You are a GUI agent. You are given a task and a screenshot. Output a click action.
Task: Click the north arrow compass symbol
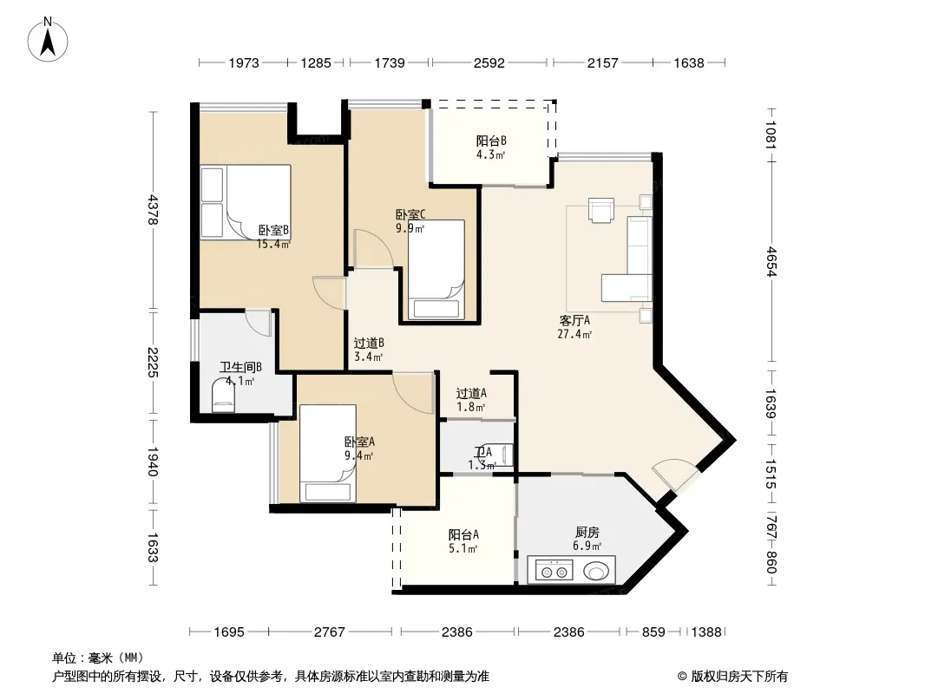click(48, 40)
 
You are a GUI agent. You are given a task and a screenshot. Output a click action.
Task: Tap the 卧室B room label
click(273, 230)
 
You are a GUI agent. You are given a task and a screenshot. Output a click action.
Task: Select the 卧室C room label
click(410, 214)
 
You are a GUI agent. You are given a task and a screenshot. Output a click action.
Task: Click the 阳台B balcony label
click(491, 141)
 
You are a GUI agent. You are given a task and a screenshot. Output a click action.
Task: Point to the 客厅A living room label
click(574, 321)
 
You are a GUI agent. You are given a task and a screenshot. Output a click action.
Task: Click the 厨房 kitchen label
click(587, 533)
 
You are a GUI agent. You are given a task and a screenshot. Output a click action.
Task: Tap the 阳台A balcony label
click(463, 534)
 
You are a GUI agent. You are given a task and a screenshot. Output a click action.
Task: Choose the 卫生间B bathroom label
click(240, 367)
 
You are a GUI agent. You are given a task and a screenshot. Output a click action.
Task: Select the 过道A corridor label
click(471, 393)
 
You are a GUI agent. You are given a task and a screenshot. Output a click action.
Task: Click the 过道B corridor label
click(370, 344)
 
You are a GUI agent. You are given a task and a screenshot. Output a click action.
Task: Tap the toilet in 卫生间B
click(223, 395)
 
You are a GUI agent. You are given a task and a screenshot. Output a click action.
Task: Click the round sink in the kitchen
click(596, 572)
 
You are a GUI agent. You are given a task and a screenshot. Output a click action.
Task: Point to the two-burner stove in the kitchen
click(554, 572)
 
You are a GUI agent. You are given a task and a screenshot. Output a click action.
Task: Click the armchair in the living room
click(601, 211)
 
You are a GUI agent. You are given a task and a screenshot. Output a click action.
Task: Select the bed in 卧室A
click(328, 454)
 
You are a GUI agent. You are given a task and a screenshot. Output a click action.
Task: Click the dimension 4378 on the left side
click(152, 209)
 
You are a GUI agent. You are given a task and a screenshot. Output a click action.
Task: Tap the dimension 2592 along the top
click(489, 62)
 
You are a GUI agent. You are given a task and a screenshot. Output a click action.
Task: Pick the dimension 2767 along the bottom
click(329, 632)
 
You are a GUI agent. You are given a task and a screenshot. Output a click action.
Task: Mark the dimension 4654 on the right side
click(771, 261)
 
